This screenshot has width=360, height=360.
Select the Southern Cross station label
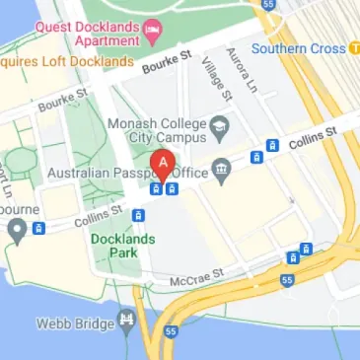[298, 48]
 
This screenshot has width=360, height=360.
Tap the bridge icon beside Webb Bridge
[125, 322]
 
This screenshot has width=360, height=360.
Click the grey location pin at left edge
[16, 232]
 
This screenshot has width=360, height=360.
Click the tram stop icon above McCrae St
[293, 257]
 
